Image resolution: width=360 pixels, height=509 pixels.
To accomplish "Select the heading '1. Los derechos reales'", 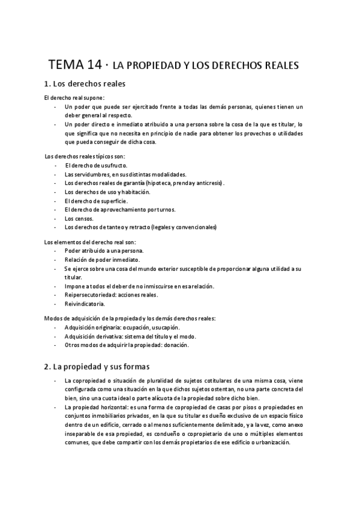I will [x=85, y=84].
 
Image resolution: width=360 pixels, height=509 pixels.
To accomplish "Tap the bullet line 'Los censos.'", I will [x=79, y=218].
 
